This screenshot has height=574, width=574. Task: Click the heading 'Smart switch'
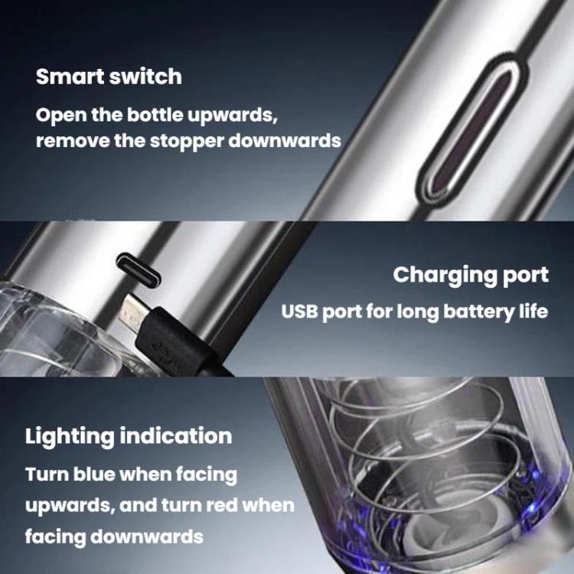(x=109, y=77)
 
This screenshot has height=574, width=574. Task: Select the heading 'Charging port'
(x=471, y=275)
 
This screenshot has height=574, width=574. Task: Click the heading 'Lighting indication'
(x=129, y=436)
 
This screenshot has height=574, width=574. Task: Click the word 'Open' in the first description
(x=59, y=116)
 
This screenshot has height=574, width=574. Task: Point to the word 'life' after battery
(x=533, y=312)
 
